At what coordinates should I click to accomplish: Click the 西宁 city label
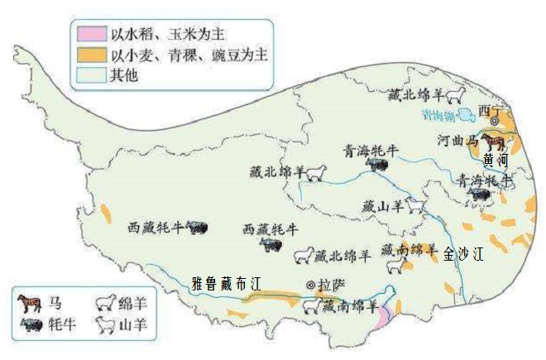tap(490, 110)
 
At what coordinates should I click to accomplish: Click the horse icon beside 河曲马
tap(493, 142)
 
